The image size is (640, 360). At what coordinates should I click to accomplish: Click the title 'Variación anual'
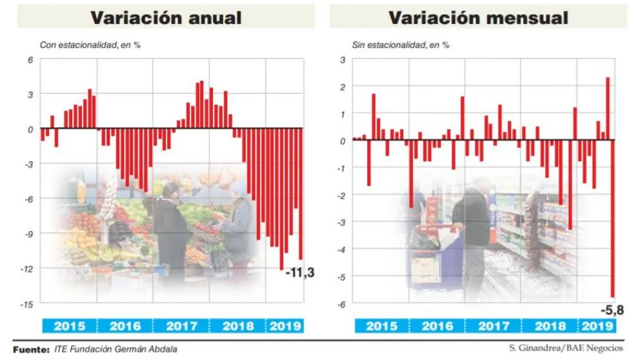click(166, 17)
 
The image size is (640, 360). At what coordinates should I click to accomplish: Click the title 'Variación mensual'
click(478, 17)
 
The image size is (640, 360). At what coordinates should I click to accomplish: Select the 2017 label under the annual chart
click(181, 326)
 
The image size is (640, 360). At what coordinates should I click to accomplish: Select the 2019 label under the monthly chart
click(598, 326)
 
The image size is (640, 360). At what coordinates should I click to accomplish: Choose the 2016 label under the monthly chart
click(436, 326)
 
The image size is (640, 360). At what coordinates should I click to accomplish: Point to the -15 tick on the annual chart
click(29, 303)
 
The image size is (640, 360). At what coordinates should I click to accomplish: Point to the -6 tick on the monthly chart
click(341, 304)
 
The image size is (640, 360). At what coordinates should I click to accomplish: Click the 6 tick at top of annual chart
click(30, 59)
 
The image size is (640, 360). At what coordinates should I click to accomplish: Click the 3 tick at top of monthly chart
click(343, 59)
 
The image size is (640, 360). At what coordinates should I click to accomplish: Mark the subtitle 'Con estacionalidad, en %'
click(90, 45)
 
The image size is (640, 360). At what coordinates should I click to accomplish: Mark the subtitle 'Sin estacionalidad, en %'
click(401, 45)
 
